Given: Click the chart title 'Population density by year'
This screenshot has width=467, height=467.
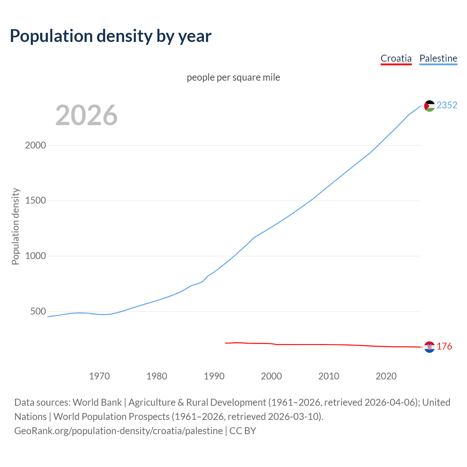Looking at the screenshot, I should pos(111,36).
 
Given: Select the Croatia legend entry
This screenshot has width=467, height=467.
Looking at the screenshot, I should pos(396,58).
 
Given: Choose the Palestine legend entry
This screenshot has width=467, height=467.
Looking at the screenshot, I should pos(438,58).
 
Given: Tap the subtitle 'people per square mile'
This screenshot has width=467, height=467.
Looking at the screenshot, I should pos(233,77).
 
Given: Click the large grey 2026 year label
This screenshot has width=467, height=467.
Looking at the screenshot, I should pos(86,115).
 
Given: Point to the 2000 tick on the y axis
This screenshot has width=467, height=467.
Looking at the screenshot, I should pos(35,145).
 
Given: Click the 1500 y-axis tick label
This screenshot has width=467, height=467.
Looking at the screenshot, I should pos(35,201).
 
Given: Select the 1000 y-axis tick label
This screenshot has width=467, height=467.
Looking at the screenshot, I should pos(35,256).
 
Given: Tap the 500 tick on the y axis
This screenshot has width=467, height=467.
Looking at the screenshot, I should pos(38,312).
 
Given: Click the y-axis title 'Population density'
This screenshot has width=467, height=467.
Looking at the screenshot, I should pos(15,226).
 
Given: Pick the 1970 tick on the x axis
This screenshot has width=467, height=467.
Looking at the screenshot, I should pos(99,376).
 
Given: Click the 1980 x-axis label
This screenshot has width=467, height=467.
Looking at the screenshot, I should pos(157,376).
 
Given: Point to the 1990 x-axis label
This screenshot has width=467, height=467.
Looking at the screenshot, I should pos(214,376).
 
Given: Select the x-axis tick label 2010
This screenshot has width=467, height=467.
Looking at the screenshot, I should pos(329,376).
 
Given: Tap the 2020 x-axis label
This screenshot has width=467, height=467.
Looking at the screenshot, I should pos(386,376).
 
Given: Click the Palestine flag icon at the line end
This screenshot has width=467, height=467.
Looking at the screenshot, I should pos(429,106).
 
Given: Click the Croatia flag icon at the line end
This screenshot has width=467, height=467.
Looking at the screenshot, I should pos(429,347).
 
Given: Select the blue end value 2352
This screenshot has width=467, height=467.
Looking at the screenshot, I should pos(447,105).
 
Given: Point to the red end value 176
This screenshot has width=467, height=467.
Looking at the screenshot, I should pos(444,346).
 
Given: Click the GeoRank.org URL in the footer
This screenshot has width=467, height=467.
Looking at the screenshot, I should pos(118,431).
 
